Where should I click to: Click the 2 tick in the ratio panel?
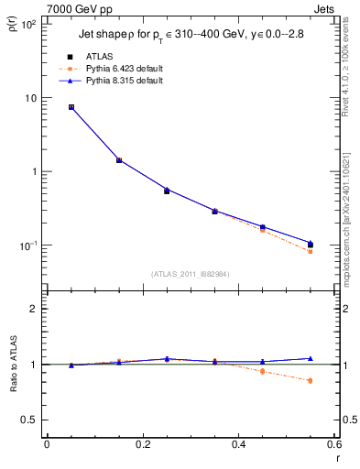32,309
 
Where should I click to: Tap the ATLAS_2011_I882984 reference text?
190,274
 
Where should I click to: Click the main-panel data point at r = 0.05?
71,107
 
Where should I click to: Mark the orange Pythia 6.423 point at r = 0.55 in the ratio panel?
310,380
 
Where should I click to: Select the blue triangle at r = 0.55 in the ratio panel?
310,358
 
